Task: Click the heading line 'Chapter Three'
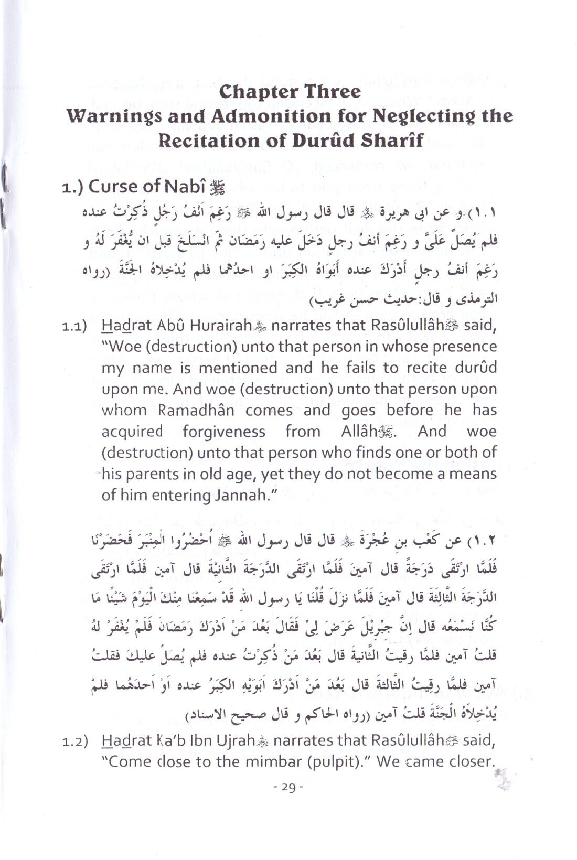click(290, 92)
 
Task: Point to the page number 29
click(288, 787)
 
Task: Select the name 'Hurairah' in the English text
click(217, 326)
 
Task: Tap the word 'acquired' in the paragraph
click(132, 432)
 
